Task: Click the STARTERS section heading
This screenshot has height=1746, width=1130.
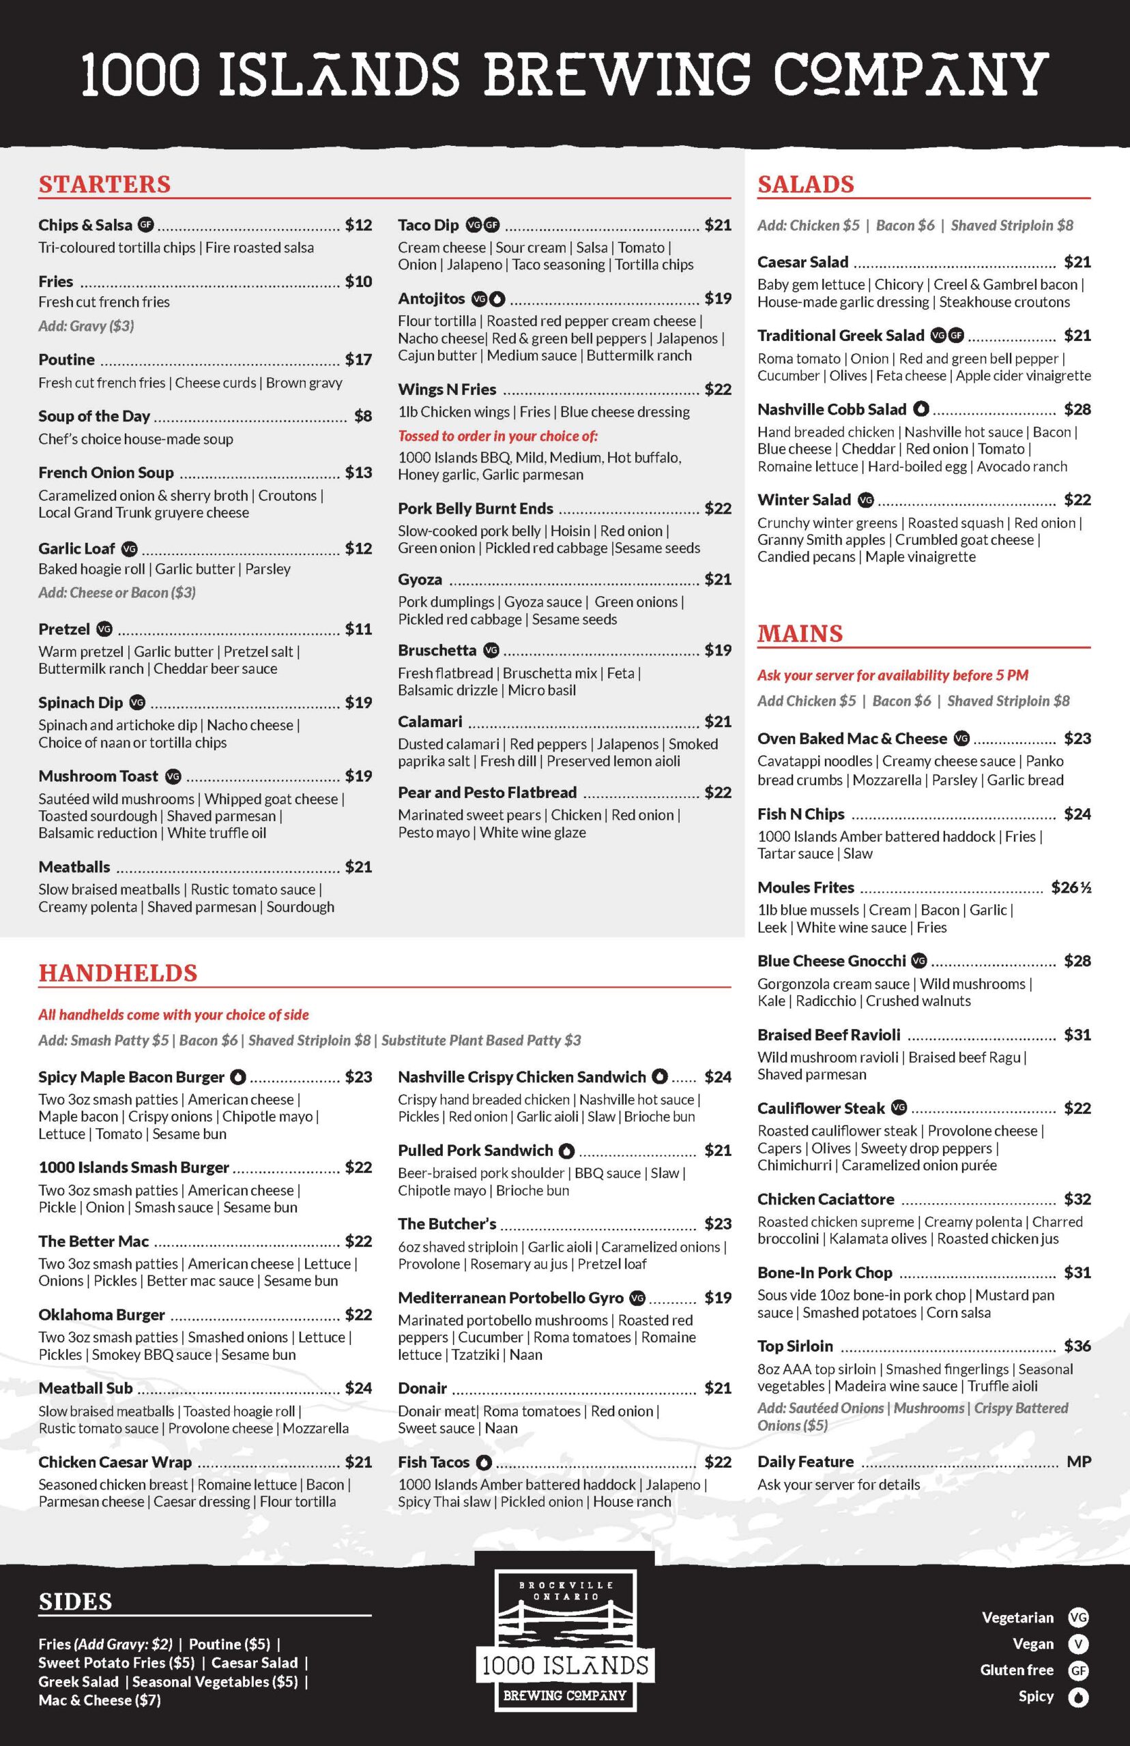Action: (x=104, y=184)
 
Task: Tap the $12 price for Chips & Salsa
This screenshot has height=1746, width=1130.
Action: (x=358, y=225)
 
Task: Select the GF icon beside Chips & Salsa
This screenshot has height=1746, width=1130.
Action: (x=146, y=224)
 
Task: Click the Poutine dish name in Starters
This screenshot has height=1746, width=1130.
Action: (x=66, y=359)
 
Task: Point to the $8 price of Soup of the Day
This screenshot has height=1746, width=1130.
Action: (x=362, y=416)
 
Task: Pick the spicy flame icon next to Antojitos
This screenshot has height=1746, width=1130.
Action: (x=497, y=299)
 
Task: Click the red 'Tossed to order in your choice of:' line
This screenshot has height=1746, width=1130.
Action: (x=497, y=436)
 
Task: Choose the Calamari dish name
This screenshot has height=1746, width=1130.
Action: (x=430, y=722)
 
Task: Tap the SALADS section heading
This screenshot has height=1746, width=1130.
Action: (x=806, y=184)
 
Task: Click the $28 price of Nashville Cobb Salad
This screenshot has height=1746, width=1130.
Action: (x=1077, y=409)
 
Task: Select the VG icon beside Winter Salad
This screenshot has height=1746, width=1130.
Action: (x=866, y=500)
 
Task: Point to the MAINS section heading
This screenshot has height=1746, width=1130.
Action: (x=800, y=634)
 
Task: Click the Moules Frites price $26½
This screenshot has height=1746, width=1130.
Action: (x=1071, y=887)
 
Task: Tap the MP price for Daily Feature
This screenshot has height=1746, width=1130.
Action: (x=1079, y=1462)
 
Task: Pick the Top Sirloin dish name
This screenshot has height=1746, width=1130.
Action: (x=795, y=1346)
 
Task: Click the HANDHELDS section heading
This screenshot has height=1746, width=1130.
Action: (x=117, y=973)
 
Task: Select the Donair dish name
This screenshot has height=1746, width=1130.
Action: (x=422, y=1388)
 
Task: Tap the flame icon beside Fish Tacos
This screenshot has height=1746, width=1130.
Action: (x=483, y=1462)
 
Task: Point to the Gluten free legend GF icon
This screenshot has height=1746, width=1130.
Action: (x=1078, y=1670)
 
